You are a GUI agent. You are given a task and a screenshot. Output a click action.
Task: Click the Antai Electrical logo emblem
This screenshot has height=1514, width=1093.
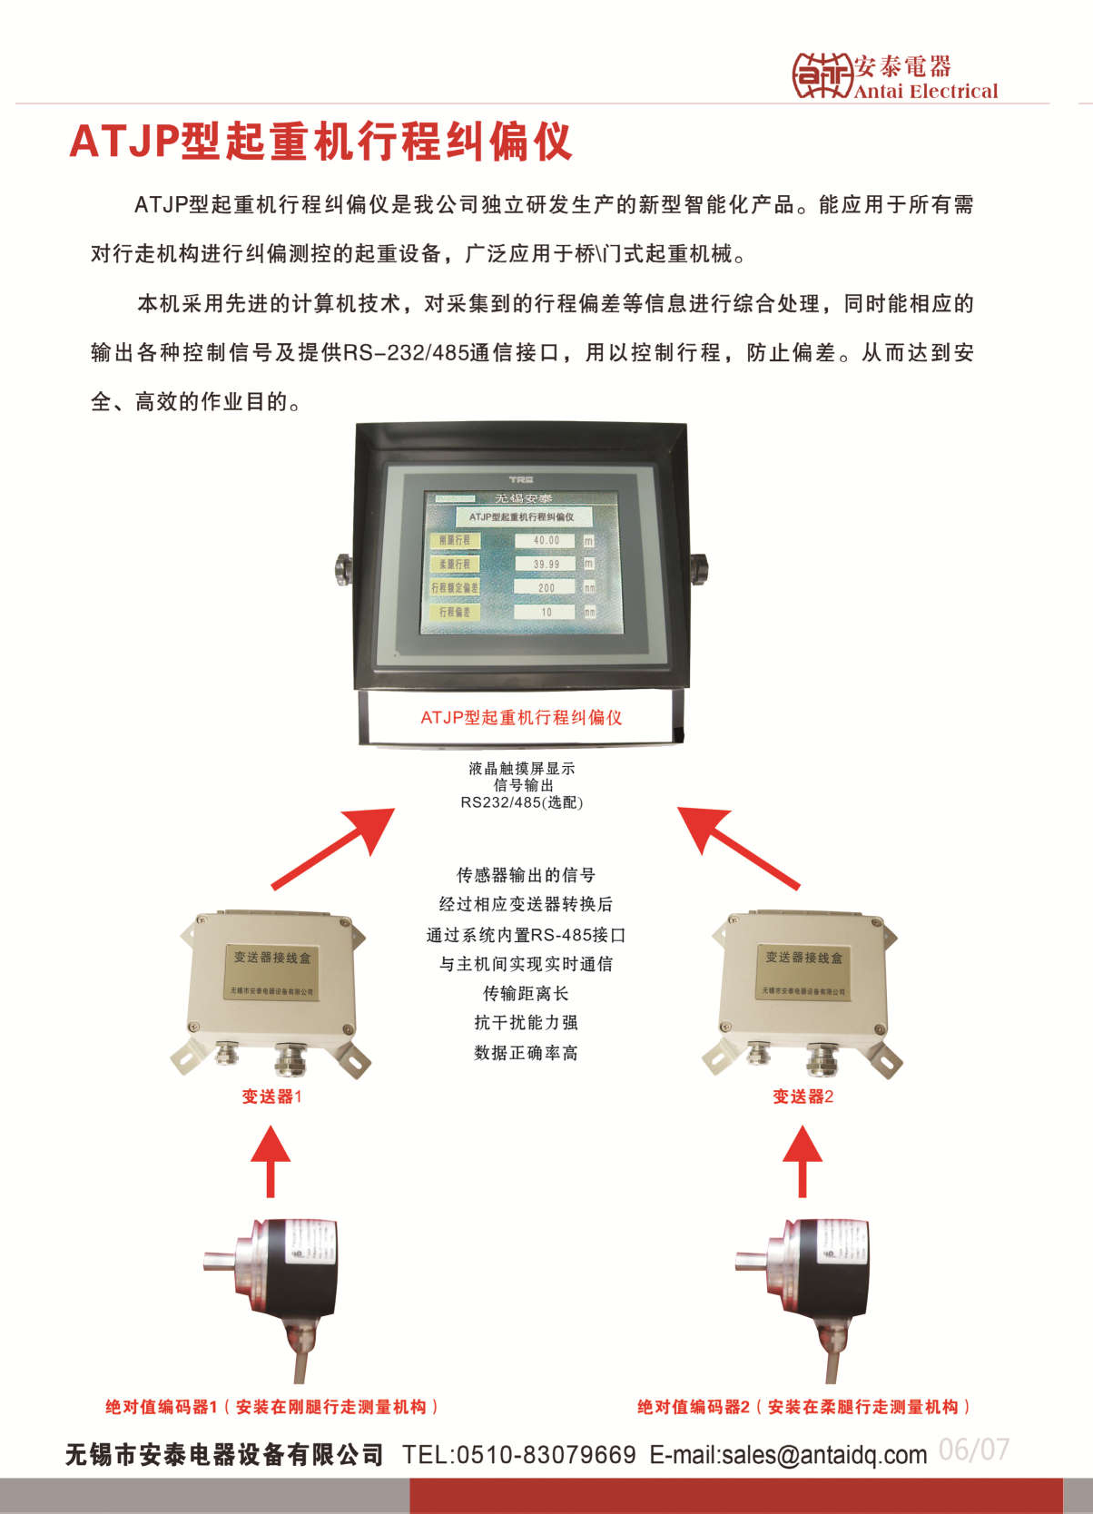pos(822,75)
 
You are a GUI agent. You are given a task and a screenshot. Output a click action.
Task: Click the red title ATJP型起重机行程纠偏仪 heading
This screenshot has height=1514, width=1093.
pos(320,142)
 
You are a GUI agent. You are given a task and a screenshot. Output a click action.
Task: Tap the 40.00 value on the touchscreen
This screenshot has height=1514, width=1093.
pos(546,540)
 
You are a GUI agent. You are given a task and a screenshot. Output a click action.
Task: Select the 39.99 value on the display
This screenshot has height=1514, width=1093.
pos(546,564)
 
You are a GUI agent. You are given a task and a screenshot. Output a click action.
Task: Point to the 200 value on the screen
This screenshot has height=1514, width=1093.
pos(546,588)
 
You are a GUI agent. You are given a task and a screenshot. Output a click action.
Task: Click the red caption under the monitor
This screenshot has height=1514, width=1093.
pos(521,718)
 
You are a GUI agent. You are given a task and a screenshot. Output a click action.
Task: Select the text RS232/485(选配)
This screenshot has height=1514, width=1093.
pos(521,802)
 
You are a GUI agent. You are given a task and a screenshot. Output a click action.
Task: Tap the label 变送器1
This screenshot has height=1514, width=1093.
pos(271,1096)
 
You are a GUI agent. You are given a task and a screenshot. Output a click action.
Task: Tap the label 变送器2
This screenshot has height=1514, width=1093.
pos(803,1096)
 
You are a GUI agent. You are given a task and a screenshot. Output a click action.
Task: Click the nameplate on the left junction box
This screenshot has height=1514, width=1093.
pos(271,972)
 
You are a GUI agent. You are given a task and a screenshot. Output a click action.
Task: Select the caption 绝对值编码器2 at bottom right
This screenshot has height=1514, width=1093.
pos(694,1407)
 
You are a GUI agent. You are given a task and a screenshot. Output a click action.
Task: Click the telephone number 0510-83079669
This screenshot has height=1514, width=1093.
pos(545,1455)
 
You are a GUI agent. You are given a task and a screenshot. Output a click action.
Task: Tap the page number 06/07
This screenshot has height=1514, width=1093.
pos(973,1450)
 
